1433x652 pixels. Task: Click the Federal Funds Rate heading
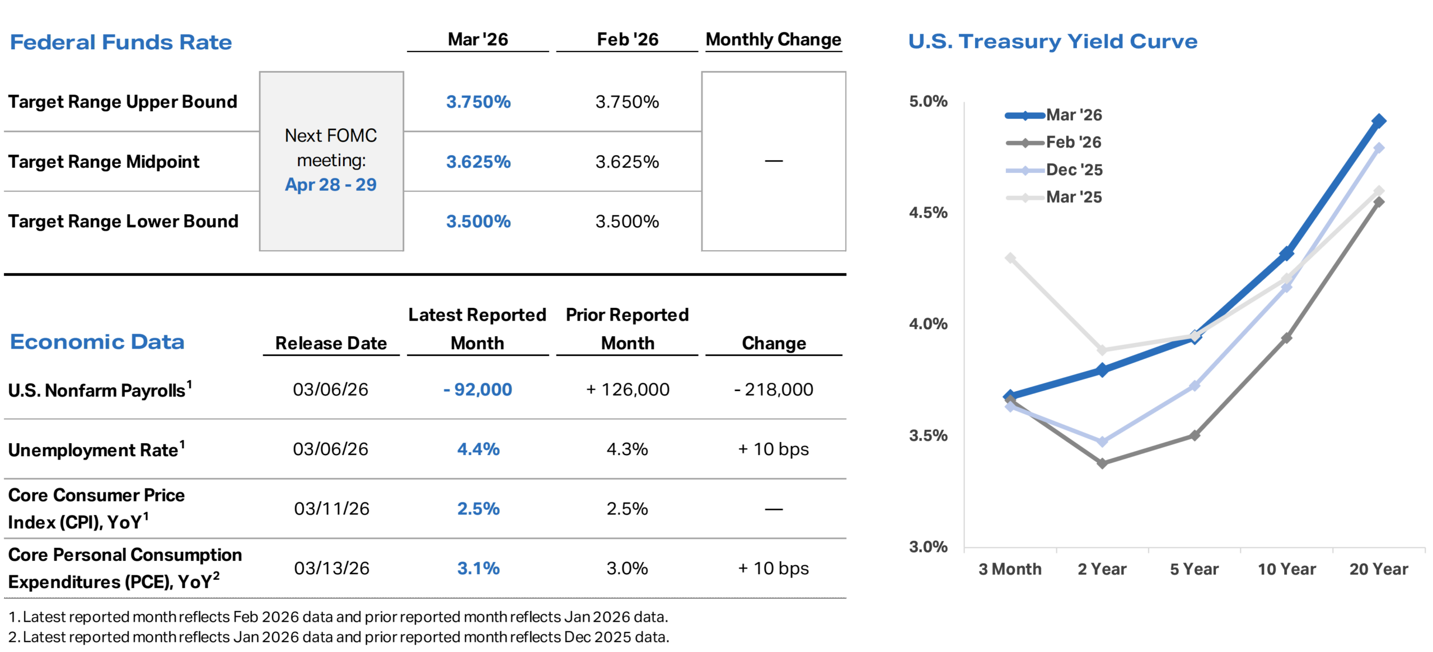(x=121, y=43)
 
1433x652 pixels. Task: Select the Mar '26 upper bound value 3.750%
(x=478, y=102)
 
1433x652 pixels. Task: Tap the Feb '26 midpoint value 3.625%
(x=627, y=162)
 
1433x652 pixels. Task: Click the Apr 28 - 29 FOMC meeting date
(x=331, y=185)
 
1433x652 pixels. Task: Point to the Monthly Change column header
(x=773, y=40)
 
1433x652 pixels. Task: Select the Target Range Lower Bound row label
(x=123, y=222)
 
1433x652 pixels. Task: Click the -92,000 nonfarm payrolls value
(x=477, y=390)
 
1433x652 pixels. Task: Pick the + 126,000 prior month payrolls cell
(x=627, y=390)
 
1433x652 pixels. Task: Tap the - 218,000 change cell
(x=774, y=390)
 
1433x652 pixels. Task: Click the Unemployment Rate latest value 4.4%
(x=478, y=449)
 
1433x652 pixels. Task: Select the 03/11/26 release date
(x=331, y=509)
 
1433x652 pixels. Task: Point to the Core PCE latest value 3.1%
(x=478, y=569)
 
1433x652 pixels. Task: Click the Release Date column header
(x=331, y=343)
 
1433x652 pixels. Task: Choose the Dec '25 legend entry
(x=1074, y=170)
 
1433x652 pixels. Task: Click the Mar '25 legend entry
(x=1074, y=197)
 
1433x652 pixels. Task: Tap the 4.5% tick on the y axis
(x=928, y=213)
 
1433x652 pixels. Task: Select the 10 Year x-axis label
(x=1286, y=569)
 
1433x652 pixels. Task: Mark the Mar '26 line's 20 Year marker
(x=1379, y=121)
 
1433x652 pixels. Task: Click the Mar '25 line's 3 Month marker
(x=1010, y=258)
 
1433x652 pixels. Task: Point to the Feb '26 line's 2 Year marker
(x=1102, y=463)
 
